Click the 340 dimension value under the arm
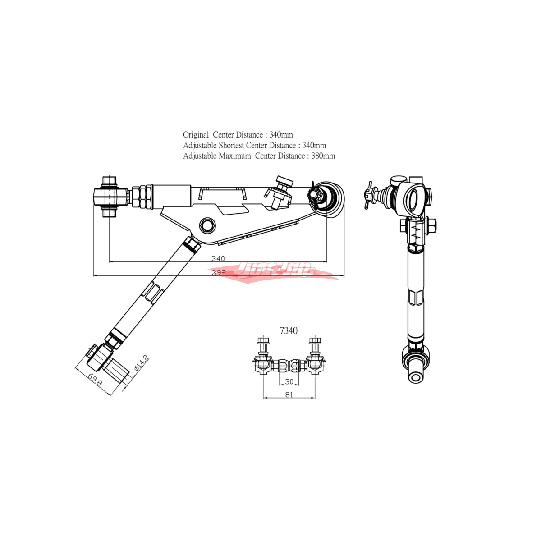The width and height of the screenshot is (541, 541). point(218,258)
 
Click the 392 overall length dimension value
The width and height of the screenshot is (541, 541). point(218,272)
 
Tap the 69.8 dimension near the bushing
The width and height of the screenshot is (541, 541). point(95,379)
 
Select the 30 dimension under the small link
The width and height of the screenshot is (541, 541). point(289,381)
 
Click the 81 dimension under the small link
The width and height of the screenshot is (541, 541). point(289,394)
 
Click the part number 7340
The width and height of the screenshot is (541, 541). point(289,331)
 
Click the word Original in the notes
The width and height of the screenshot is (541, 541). point(196,135)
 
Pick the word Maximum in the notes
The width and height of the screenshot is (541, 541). point(234,156)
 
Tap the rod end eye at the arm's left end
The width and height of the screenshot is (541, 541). point(110,197)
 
